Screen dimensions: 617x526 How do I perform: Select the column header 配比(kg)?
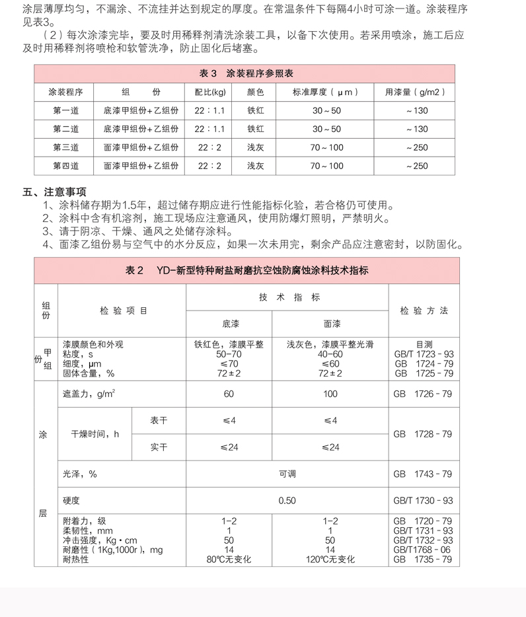(210, 92)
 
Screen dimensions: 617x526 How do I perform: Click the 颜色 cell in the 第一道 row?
(256, 110)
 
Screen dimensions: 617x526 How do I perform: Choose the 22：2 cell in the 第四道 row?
(210, 166)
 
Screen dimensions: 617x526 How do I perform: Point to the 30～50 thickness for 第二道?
(326, 129)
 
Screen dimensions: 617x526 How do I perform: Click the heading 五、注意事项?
(55, 192)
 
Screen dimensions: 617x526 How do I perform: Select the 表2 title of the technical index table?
(246, 270)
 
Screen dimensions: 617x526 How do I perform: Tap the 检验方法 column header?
(424, 310)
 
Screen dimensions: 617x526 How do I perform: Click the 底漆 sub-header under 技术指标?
(229, 324)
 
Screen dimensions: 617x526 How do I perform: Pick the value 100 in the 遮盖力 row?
(330, 394)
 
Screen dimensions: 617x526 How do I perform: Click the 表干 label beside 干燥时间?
(159, 420)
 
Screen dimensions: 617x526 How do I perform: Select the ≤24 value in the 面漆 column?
(330, 447)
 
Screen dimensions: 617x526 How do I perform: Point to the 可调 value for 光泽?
(287, 474)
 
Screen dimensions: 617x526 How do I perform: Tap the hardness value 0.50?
(287, 500)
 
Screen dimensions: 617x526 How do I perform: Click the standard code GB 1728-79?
(423, 434)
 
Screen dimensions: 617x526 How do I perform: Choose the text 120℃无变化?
(330, 559)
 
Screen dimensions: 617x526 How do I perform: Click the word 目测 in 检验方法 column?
(424, 344)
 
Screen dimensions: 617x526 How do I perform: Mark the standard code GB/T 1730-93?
(423, 500)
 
